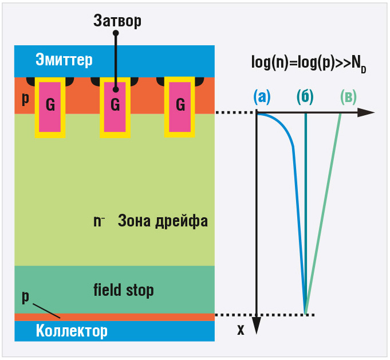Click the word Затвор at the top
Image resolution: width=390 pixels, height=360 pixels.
click(x=117, y=21)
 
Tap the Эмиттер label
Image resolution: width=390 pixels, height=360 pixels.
click(x=64, y=60)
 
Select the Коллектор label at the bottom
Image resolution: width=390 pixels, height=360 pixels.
click(x=72, y=331)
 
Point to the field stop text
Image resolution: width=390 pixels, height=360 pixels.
click(x=123, y=290)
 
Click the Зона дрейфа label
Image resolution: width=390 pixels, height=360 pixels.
click(x=163, y=221)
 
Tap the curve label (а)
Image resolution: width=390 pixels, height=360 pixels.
click(x=262, y=97)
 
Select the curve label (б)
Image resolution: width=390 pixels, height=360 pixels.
click(x=306, y=97)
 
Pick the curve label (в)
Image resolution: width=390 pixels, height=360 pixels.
click(x=349, y=97)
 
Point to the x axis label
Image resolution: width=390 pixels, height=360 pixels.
click(x=241, y=330)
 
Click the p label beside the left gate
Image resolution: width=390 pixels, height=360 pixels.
click(x=25, y=99)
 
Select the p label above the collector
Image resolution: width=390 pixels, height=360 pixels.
click(x=25, y=296)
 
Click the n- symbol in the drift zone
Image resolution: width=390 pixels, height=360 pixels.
click(x=99, y=221)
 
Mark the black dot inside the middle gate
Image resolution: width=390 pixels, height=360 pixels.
click(x=116, y=89)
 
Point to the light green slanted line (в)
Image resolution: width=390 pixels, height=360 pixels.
click(x=324, y=212)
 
